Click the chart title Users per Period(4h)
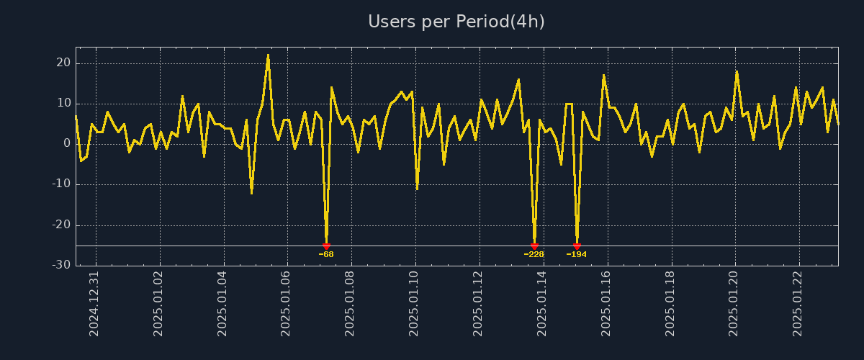point(456,22)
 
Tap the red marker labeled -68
point(326,246)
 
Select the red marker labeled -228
point(534,246)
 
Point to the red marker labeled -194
point(577,246)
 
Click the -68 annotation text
point(326,254)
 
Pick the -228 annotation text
point(534,254)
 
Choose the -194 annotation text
point(577,254)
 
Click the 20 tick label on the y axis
point(63,63)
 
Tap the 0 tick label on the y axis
point(67,143)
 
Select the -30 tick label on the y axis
point(61,265)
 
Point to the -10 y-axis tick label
point(61,184)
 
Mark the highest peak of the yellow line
point(268,55)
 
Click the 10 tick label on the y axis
point(63,103)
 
